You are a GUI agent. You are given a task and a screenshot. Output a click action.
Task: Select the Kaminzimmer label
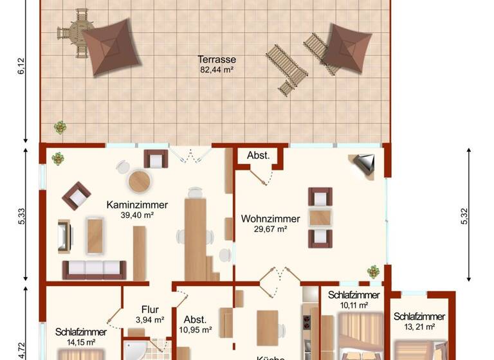tap(137, 205)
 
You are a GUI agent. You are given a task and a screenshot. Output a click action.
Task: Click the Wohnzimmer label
tap(264, 219)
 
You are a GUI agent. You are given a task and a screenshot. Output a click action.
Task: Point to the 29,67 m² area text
tap(264, 229)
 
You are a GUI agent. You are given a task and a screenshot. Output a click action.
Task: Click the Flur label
tap(151, 309)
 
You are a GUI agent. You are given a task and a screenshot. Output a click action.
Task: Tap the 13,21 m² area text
tap(419, 327)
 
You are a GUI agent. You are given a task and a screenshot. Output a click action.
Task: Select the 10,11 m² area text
tap(354, 305)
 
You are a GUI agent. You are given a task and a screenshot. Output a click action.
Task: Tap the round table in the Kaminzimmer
tap(139, 181)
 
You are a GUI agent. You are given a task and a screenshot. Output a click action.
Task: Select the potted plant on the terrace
tap(60, 127)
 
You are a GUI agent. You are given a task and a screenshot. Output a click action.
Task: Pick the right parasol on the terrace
tap(346, 48)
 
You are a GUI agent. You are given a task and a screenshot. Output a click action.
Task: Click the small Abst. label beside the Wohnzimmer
tap(259, 156)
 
